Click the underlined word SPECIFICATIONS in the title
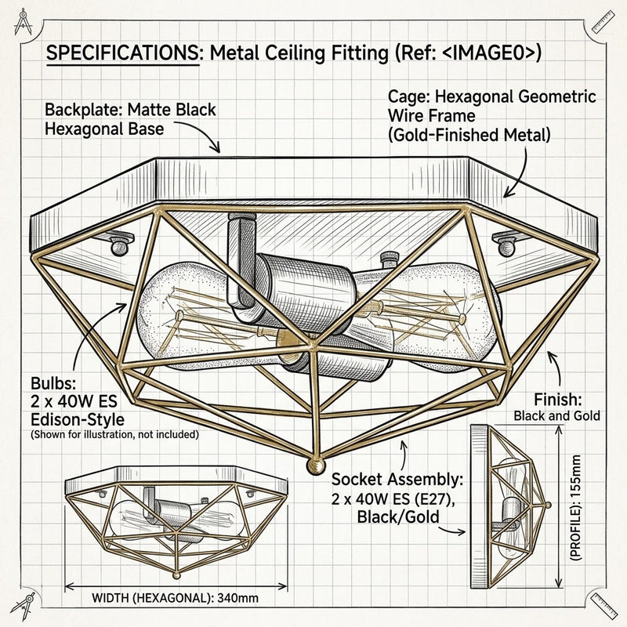pos(122,53)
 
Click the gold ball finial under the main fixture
pos(316,466)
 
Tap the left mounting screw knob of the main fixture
pos(119,248)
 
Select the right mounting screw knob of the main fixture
pos(506,248)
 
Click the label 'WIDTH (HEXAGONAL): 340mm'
pos(175,598)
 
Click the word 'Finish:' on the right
pos(558,400)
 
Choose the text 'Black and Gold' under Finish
pos(556,416)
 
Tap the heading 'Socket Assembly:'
pos(397,479)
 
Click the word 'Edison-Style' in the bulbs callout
pos(78,420)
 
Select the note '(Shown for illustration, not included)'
pos(114,434)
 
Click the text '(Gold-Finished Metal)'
pos(469,135)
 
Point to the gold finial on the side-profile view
pos(548,505)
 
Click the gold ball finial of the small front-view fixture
pos(176,575)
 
